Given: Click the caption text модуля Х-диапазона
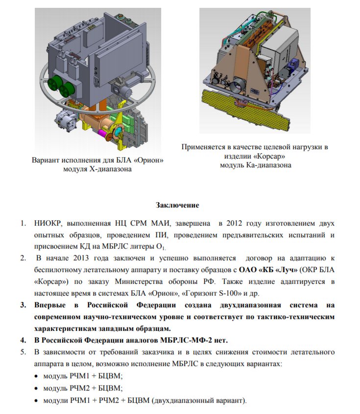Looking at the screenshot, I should (97, 169).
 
